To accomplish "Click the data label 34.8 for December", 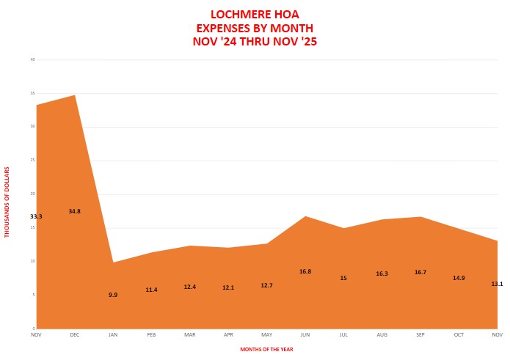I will (74, 211).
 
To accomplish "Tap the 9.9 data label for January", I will (113, 295).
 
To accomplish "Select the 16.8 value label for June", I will (305, 271).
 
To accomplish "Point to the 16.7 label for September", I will (420, 272).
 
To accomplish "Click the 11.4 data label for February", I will (151, 290).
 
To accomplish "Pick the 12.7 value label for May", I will (266, 285).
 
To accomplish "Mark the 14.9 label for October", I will (459, 278).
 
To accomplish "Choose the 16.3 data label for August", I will (382, 273).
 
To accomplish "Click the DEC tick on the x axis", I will (75, 334).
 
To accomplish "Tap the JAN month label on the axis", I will (113, 334).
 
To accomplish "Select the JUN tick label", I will (305, 334).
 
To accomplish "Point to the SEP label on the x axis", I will (420, 334).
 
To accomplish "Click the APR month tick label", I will (228, 334).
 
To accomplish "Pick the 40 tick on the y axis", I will (32, 59).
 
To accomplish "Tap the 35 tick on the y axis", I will (32, 93).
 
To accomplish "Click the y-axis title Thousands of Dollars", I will (8, 202).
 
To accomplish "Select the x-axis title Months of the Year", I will (266, 349).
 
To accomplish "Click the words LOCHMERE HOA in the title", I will (254, 14).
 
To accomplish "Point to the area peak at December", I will (75, 95).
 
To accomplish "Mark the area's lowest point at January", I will (113, 262).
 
